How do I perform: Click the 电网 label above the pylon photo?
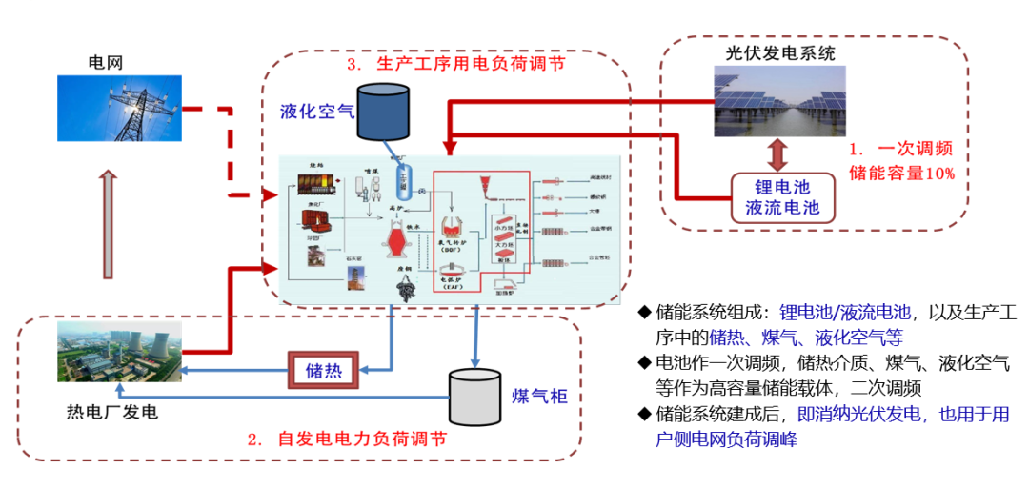coord(106,63)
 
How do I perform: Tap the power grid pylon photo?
coord(119,109)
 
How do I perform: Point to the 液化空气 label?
coord(316,111)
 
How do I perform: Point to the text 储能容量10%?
coord(901,174)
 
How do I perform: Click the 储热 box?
coord(323,369)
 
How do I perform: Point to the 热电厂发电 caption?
coord(111,413)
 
